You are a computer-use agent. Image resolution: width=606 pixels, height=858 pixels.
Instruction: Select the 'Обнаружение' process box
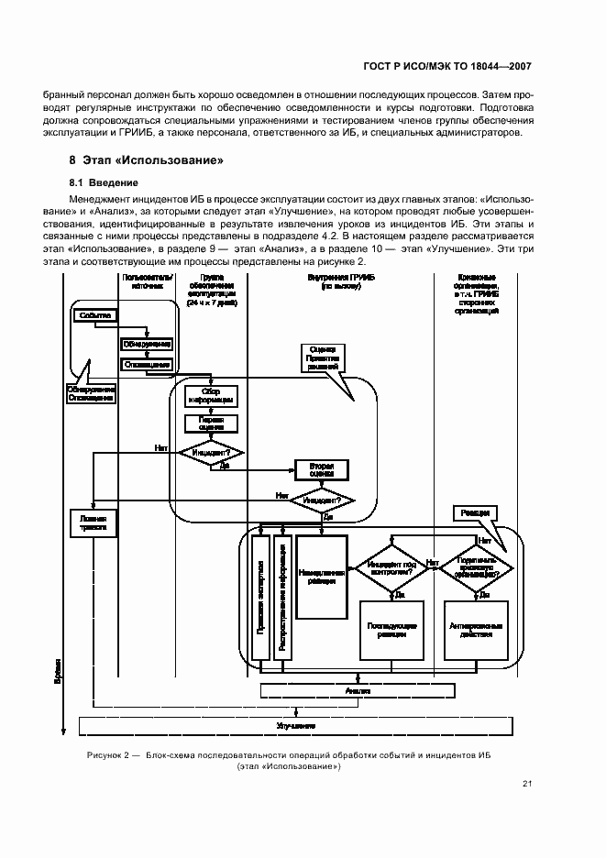(147, 345)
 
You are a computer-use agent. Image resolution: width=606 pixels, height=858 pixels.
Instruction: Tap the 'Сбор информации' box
(211, 396)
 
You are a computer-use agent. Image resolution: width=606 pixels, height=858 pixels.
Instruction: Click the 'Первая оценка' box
(211, 423)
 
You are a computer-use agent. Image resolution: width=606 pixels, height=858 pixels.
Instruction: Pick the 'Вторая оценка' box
(322, 468)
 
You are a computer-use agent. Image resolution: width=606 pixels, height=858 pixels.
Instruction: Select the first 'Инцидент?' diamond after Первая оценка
(211, 452)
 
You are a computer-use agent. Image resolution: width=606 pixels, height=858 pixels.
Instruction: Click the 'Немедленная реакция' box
(322, 576)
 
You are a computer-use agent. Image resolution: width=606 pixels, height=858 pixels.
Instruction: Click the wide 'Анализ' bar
(357, 690)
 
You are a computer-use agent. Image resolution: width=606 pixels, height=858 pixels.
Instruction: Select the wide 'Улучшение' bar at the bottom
(293, 725)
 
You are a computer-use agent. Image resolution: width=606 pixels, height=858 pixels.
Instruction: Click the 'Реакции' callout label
(474, 512)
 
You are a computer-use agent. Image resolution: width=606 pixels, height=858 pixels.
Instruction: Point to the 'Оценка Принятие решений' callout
(322, 356)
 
